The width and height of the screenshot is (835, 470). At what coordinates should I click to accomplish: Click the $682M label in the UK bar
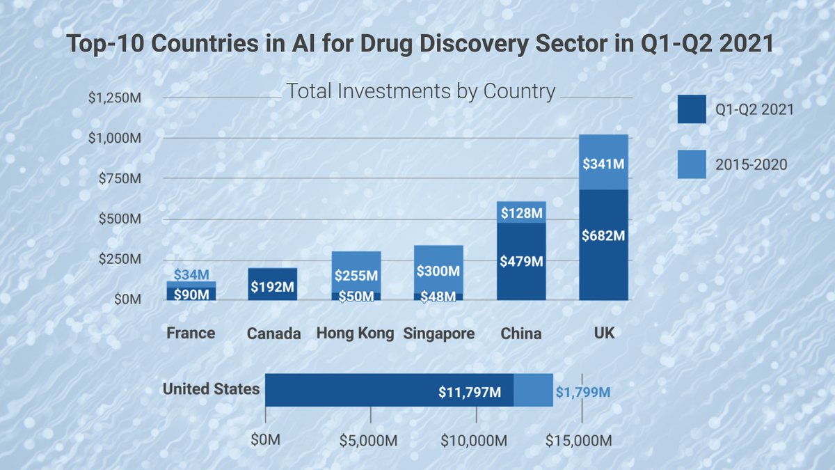pos(603,235)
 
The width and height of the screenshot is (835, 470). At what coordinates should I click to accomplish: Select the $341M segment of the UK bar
pos(603,164)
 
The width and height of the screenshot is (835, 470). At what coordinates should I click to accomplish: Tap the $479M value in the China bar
pos(521,262)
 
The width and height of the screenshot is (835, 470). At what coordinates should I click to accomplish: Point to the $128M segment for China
pos(521,212)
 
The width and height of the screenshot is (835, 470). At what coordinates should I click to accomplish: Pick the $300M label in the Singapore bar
pos(438,270)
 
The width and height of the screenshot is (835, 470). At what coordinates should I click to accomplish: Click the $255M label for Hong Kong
pos(356,275)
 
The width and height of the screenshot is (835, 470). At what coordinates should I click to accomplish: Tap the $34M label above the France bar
pos(191,275)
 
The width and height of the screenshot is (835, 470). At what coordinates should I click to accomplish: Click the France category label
pos(191,333)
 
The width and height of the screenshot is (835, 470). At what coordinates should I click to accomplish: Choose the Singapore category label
pos(439,334)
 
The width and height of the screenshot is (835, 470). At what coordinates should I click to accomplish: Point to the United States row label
pos(211,389)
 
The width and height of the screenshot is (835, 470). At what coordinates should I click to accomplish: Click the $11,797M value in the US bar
pos(470,392)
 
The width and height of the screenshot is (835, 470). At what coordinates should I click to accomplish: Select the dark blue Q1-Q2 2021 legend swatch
pos(692,109)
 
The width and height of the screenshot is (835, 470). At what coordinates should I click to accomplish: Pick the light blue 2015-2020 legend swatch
pos(692,164)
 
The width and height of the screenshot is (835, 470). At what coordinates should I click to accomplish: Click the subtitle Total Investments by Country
pos(421,91)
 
